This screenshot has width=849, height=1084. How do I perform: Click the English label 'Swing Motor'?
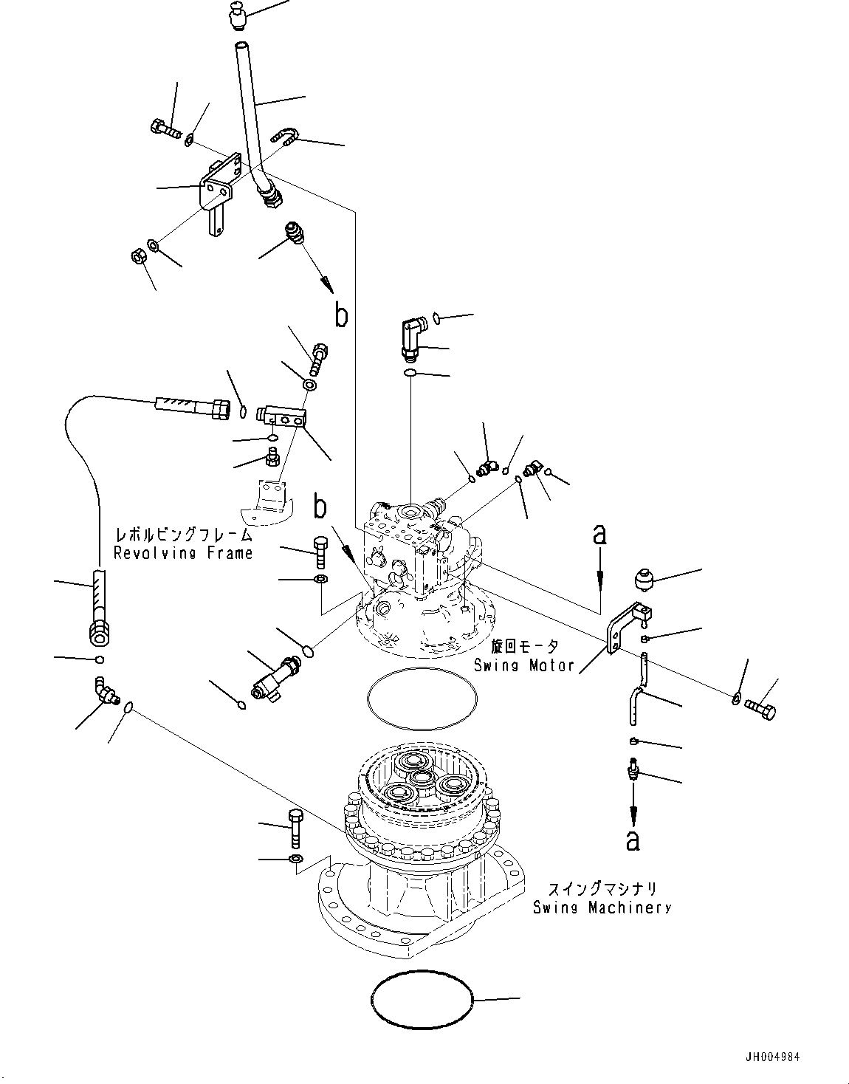[524, 665]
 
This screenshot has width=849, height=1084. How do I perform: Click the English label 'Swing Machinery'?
[602, 908]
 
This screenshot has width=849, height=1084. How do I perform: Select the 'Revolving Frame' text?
[182, 552]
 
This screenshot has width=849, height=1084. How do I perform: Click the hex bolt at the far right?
[761, 711]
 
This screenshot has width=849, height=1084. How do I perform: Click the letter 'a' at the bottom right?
[633, 840]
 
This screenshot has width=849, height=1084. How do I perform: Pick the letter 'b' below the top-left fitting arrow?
[340, 315]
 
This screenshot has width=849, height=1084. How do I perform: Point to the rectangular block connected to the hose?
[282, 416]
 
